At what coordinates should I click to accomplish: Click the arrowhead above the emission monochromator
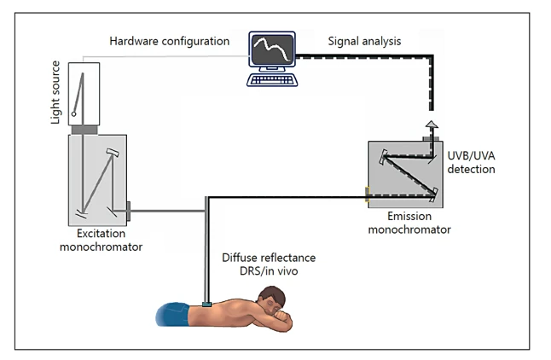[432, 125]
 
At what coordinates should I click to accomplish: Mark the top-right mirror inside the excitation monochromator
[113, 152]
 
